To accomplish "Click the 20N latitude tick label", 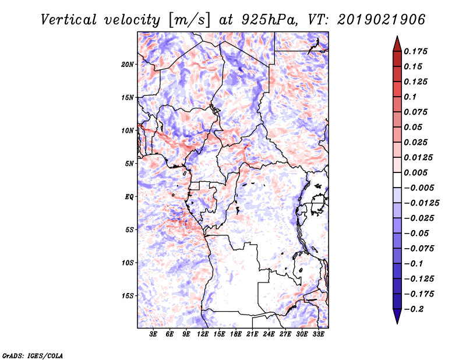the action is (128, 65).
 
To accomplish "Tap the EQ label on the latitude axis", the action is (129, 197).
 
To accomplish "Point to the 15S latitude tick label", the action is (128, 296).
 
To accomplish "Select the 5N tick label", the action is (129, 164).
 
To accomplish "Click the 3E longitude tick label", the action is (153, 334).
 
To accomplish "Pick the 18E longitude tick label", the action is (236, 334).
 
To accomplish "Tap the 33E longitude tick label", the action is (318, 334).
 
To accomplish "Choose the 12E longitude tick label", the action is (203, 334).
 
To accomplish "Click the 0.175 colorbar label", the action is (415, 51).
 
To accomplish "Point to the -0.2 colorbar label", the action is (414, 309).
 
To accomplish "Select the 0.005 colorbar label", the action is (415, 172).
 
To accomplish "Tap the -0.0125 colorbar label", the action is (421, 203).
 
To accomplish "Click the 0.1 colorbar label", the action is (410, 97).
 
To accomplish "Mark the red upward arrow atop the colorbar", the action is (397, 44).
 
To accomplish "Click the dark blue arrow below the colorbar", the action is (397, 316).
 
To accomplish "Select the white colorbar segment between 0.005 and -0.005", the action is (397, 180).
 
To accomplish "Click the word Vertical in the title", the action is (69, 20).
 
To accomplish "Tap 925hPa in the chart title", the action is (269, 20).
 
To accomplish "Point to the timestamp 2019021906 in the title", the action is (382, 20).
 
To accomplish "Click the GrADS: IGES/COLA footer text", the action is (33, 356).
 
